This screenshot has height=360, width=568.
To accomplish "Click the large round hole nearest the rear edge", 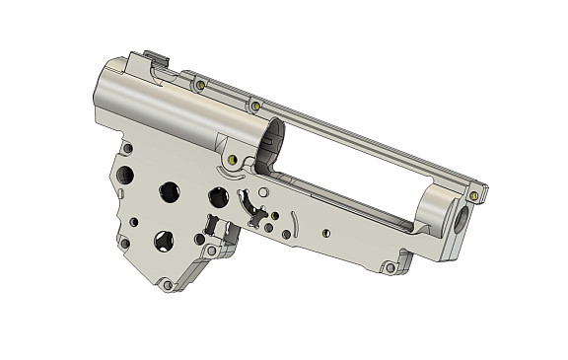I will point(125,176).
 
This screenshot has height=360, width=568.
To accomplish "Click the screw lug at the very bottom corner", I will point(168,285).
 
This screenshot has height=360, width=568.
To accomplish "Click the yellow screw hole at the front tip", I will point(474,195).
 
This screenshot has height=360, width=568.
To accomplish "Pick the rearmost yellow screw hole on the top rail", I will point(200,86).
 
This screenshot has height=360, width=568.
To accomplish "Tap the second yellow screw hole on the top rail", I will point(255,105).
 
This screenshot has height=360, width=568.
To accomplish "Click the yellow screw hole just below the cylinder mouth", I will point(233,159).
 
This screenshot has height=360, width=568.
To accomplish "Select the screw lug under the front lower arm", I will point(390,267).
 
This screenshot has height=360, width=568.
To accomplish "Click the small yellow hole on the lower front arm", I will point(326,233).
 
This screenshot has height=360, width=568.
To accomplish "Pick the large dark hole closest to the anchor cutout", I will point(218,197).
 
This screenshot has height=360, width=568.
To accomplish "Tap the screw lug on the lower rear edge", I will point(123,243).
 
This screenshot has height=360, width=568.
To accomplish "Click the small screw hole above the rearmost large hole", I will point(128,149).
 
